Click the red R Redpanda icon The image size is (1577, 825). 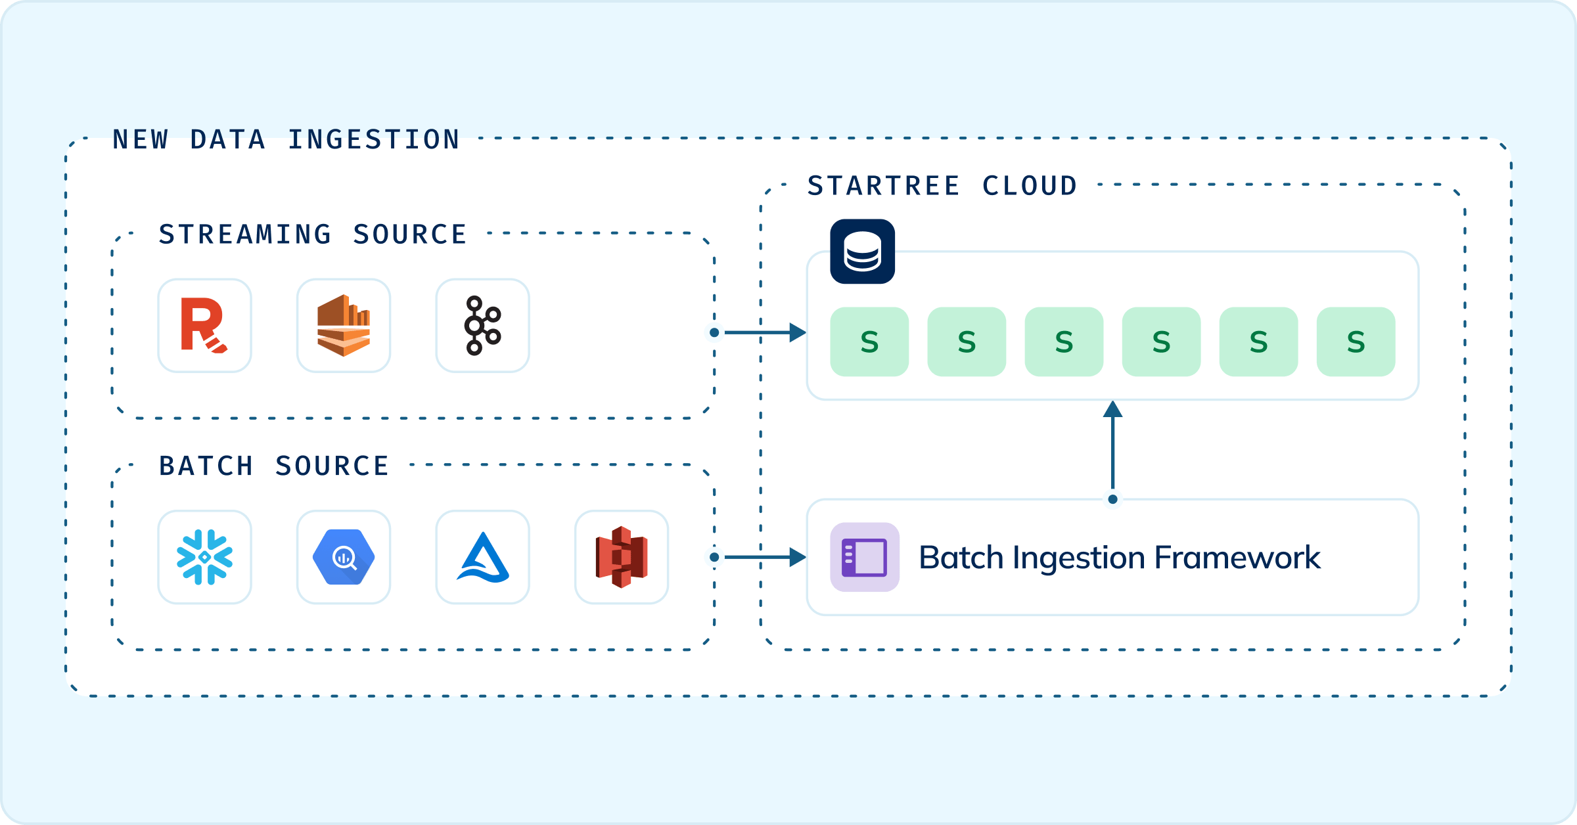[204, 326]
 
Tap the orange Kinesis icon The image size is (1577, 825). [344, 326]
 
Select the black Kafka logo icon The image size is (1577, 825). [483, 326]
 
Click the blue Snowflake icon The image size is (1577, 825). [204, 557]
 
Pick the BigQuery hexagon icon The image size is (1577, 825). [344, 557]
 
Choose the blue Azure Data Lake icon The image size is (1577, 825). [483, 557]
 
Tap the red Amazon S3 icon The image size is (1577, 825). [622, 557]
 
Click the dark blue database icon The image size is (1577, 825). [862, 252]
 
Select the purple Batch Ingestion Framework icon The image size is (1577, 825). [865, 557]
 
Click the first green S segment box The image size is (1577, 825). [869, 342]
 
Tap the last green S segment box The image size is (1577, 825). [1356, 342]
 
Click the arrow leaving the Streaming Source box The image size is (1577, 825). [762, 332]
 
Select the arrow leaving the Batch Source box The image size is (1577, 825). [762, 557]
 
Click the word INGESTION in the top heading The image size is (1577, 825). [373, 140]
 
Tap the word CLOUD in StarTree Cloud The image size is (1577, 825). [1030, 186]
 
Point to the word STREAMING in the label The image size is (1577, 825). [245, 234]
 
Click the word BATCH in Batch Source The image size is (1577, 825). [206, 466]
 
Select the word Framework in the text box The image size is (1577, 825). [1237, 558]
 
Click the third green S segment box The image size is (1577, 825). [1064, 342]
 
